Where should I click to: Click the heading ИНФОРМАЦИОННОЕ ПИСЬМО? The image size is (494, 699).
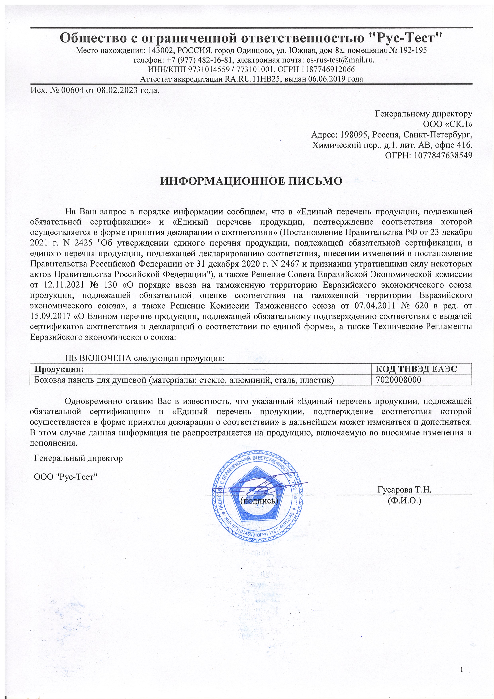pyautogui.click(x=251, y=181)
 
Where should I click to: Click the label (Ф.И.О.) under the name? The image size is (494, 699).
pyautogui.click(x=404, y=501)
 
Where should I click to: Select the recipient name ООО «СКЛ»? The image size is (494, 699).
pyautogui.click(x=447, y=124)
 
